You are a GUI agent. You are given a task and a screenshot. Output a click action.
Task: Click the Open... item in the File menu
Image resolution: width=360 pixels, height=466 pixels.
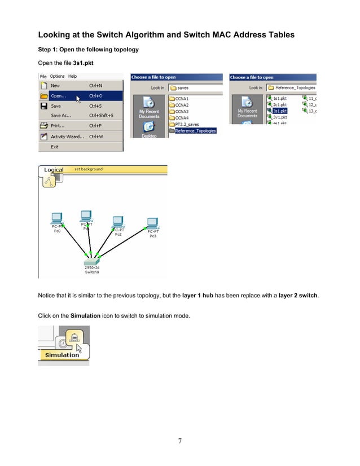click(59, 96)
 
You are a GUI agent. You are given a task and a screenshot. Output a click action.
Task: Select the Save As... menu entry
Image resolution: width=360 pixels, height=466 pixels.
click(62, 116)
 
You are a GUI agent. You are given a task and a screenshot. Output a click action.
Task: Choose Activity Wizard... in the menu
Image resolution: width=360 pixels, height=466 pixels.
click(67, 137)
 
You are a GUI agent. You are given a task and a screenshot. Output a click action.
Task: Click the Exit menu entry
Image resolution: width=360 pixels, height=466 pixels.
click(55, 147)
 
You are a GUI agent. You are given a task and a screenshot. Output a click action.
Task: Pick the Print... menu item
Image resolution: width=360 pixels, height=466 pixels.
click(58, 126)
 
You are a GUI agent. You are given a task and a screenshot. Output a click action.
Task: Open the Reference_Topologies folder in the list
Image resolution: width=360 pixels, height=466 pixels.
click(195, 131)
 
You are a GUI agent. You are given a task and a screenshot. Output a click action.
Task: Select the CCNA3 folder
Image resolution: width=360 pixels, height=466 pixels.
click(182, 112)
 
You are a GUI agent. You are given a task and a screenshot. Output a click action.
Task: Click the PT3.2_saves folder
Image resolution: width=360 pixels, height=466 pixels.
click(186, 124)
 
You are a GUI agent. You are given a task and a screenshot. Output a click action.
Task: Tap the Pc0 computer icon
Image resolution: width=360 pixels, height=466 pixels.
click(56, 218)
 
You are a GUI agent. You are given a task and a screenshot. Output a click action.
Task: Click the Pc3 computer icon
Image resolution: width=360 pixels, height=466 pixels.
click(152, 222)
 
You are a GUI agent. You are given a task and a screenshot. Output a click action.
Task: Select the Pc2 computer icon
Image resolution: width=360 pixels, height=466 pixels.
click(118, 221)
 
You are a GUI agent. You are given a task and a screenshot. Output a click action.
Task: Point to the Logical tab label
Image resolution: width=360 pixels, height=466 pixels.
click(54, 170)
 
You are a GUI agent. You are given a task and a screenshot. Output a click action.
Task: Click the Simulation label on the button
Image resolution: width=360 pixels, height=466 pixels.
click(62, 355)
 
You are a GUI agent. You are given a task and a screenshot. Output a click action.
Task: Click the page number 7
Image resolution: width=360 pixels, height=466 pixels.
click(180, 441)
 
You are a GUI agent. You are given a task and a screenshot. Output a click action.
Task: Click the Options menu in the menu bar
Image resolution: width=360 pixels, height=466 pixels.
click(57, 76)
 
